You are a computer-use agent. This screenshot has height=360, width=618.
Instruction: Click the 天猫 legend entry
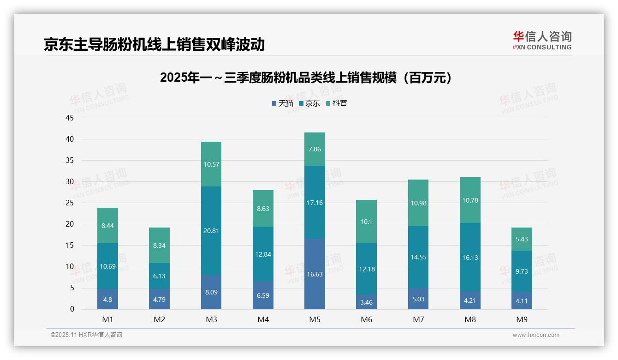pos(283,103)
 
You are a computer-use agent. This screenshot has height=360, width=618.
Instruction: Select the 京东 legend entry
pos(310,103)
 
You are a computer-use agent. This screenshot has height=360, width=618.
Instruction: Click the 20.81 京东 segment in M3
pos(211,230)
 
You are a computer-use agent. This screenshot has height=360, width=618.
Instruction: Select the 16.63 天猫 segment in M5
pos(315,274)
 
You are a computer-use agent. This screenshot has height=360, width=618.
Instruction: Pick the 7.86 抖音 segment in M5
pos(315,149)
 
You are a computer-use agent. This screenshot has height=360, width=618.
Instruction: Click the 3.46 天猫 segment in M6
pos(367,302)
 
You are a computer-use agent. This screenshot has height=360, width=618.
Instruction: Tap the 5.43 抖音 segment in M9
pos(522,239)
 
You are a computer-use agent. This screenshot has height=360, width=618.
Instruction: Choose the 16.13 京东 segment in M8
pos(470,257)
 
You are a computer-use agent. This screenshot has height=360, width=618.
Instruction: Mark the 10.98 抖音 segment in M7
pos(418,203)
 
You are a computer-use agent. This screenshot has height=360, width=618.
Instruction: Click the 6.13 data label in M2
pos(159,276)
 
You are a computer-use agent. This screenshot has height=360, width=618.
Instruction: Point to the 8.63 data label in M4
pos(263,209)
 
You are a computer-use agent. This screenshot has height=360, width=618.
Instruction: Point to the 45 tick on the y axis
pos(70,118)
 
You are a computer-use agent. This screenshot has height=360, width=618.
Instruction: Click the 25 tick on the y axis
pos(70,203)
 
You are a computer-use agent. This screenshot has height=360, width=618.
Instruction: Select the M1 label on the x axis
pos(107,319)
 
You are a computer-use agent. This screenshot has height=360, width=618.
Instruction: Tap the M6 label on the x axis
pos(367,319)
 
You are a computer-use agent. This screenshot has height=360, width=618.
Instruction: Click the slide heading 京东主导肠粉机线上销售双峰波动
pos(154,44)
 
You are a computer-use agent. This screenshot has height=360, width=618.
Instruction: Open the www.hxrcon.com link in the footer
pos(536,335)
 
